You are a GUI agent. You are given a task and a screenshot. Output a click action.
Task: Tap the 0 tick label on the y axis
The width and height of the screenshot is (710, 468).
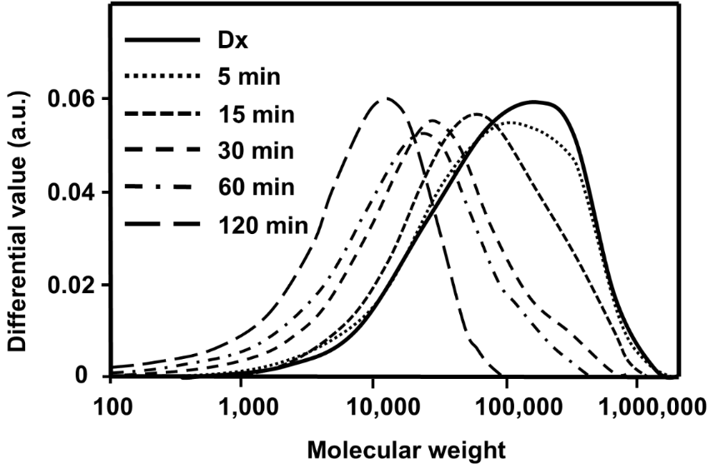93,377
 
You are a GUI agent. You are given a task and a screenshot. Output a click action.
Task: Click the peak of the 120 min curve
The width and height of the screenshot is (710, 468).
385,98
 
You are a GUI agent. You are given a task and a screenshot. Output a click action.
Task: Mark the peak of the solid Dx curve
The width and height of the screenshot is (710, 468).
536,102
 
